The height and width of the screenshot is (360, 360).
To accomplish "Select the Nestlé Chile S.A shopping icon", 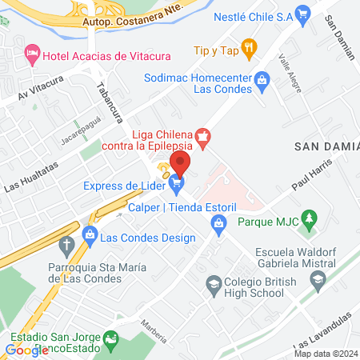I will point(302,14).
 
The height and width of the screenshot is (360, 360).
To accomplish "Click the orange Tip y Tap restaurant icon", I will point(250,49).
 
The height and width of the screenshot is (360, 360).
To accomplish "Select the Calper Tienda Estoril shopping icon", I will point(218,226).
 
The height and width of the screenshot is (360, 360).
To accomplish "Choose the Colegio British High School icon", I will point(214,282).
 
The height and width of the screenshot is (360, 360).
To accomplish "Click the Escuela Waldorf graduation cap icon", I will point(318,279).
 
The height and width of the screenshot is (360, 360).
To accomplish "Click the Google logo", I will point(26,350).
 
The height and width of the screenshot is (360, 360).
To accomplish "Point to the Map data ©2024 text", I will point(324,354).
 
